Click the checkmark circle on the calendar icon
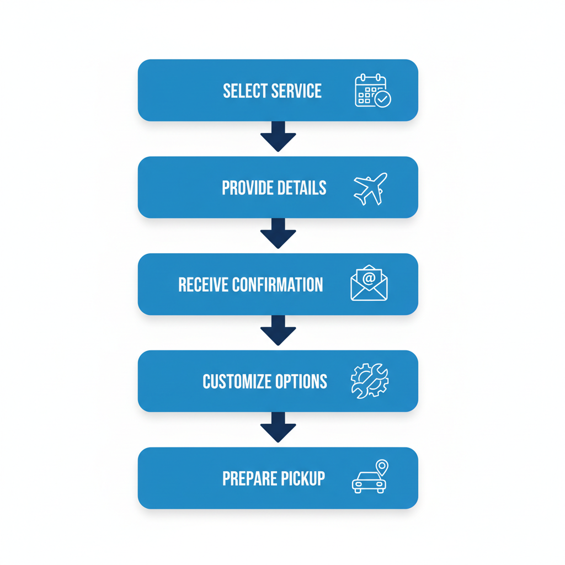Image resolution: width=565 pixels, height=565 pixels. pyautogui.click(x=382, y=99)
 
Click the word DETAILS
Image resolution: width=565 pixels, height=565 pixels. pyautogui.click(x=303, y=188)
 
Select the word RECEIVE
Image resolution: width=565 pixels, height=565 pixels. pyautogui.click(x=203, y=285)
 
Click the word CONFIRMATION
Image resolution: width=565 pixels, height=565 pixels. pyautogui.click(x=278, y=285)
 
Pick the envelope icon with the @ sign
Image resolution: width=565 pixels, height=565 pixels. pyautogui.click(x=369, y=284)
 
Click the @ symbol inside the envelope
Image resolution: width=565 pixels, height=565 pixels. pyautogui.click(x=369, y=278)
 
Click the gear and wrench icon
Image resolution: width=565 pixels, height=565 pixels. pyautogui.click(x=370, y=381)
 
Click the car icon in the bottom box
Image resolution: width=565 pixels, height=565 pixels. pyautogui.click(x=368, y=482)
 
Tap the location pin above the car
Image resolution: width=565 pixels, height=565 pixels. pyautogui.click(x=381, y=467)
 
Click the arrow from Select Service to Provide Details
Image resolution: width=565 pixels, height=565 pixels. pyautogui.click(x=278, y=136)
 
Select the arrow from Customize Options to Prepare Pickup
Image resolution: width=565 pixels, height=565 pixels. pyautogui.click(x=278, y=427)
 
